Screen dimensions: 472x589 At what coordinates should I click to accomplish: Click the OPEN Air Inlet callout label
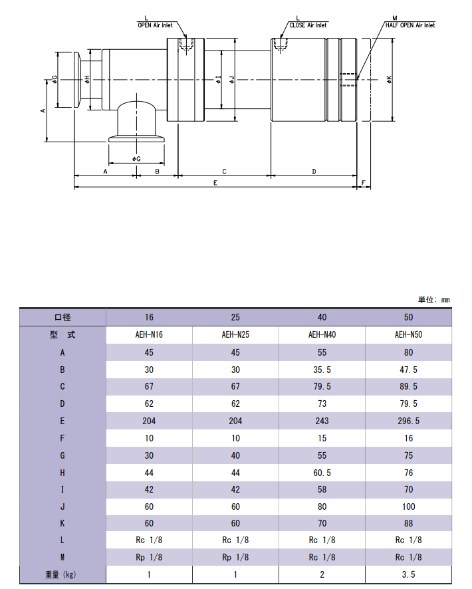(155, 25)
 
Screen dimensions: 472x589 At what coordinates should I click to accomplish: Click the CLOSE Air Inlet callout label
(308, 25)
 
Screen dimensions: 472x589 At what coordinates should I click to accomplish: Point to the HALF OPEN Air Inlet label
(410, 25)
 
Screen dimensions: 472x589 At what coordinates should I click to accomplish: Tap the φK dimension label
(389, 79)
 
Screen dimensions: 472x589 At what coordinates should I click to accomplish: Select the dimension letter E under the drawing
(215, 183)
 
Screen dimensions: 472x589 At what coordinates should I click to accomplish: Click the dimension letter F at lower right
(363, 183)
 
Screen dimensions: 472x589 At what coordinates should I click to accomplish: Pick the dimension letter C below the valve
(224, 172)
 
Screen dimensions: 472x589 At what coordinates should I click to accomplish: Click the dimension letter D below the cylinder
(314, 172)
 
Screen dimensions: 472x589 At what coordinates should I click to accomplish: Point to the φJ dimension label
(232, 79)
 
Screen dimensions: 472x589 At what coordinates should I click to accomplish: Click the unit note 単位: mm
(433, 300)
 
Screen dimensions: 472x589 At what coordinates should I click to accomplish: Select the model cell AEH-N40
(322, 334)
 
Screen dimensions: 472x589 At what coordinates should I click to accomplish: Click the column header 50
(409, 317)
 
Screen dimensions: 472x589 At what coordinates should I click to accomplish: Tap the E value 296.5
(409, 421)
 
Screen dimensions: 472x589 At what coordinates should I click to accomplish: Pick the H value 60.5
(322, 473)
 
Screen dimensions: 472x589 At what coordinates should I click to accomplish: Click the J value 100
(409, 507)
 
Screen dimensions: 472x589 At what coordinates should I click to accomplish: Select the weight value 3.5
(409, 575)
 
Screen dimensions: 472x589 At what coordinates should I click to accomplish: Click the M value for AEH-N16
(149, 558)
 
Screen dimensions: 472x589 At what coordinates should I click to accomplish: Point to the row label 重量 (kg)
(61, 575)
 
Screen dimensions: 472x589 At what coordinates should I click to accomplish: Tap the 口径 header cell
(62, 317)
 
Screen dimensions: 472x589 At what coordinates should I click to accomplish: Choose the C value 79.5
(322, 386)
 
